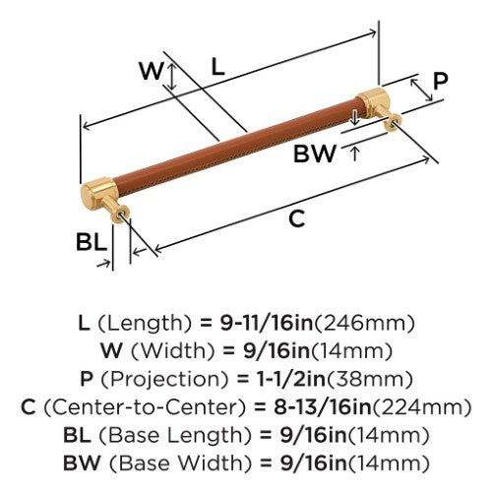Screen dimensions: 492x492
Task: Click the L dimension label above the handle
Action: tap(217, 67)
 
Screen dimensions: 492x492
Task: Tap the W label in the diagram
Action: tap(152, 71)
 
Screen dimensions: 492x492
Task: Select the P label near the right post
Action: tap(440, 81)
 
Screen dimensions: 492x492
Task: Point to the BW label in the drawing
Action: tap(315, 154)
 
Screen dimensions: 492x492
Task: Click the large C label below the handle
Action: tap(297, 218)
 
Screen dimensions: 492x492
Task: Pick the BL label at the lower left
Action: tap(92, 242)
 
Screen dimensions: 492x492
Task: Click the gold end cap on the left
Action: tap(99, 194)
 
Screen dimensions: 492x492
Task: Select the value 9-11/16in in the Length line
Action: tap(267, 323)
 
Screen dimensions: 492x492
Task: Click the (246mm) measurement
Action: tap(364, 324)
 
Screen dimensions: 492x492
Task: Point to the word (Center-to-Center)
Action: tap(145, 407)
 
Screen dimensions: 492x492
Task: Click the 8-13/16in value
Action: tap(322, 407)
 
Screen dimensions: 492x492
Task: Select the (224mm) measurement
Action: tap(421, 407)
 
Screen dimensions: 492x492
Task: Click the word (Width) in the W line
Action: tap(172, 351)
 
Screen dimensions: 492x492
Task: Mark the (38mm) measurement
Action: tap(370, 380)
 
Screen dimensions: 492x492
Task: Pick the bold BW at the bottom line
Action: tap(82, 462)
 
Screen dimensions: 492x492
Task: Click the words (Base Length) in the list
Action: tap(175, 436)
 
